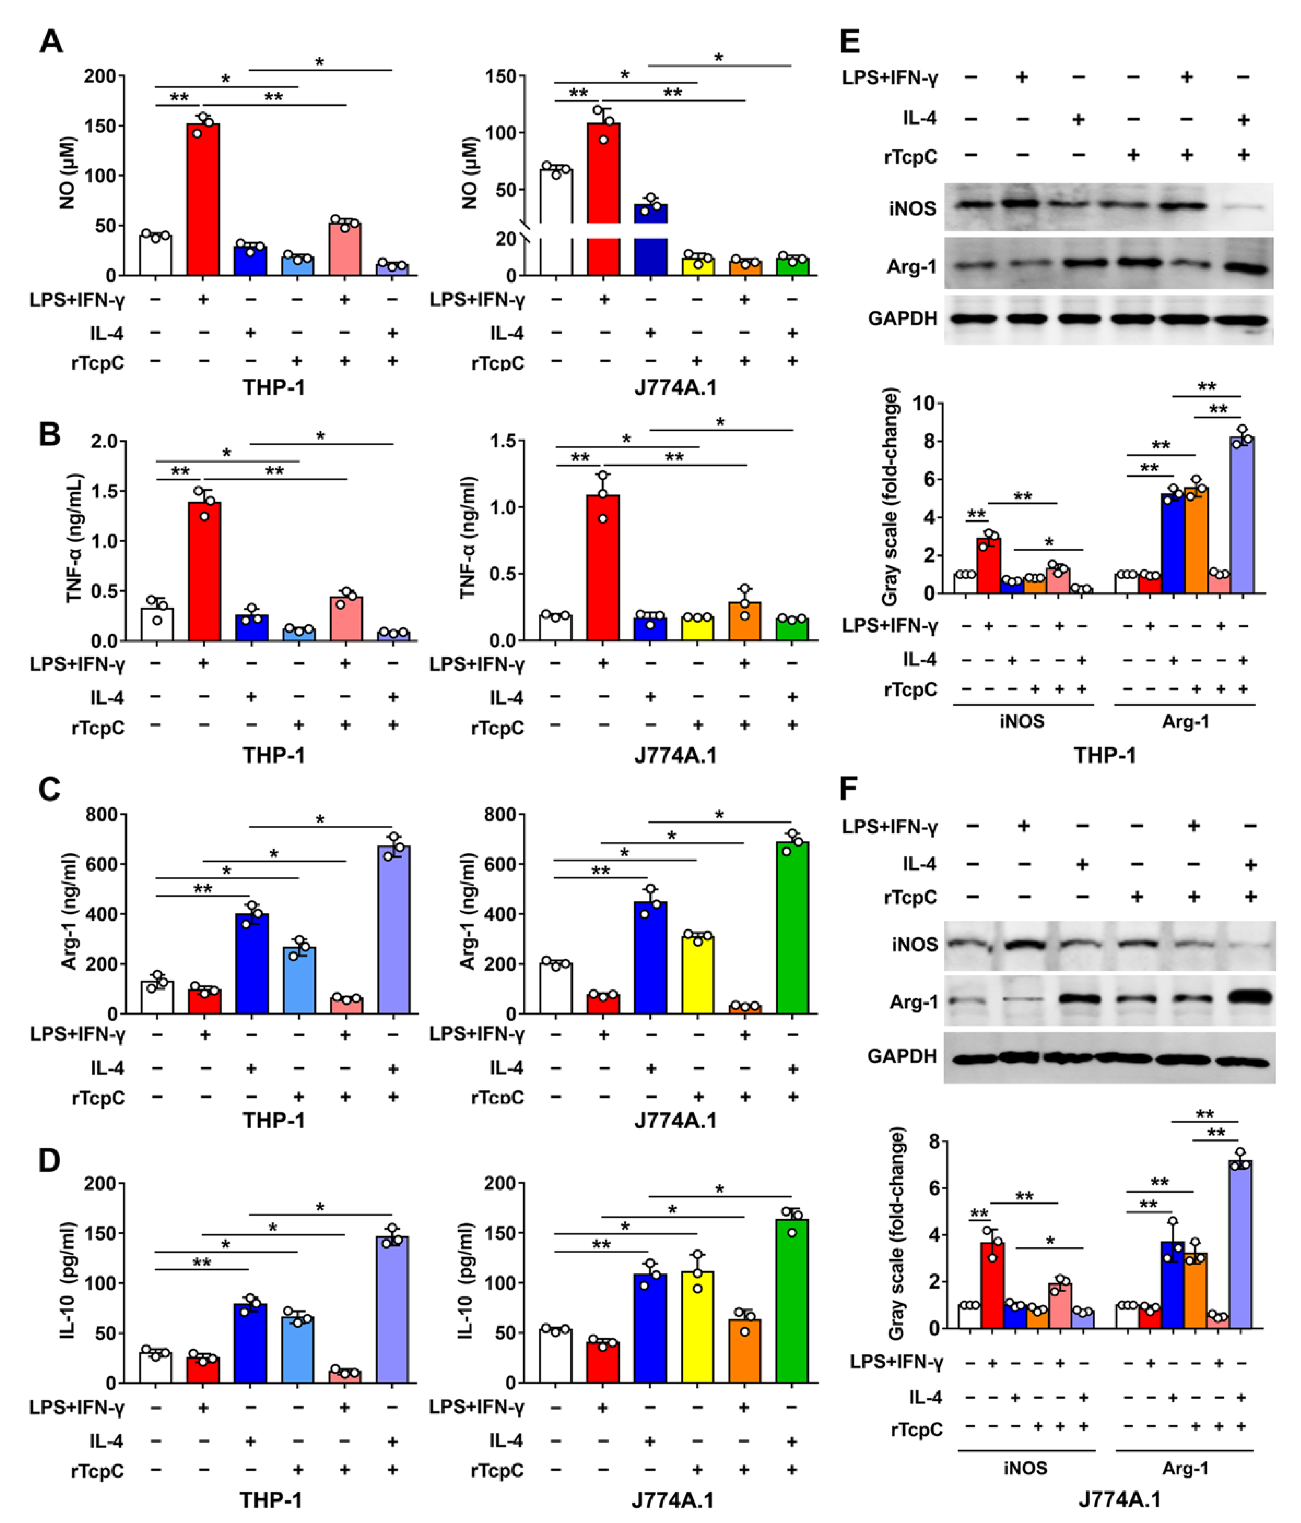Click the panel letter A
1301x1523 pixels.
(51, 41)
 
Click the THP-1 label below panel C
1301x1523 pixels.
(273, 1120)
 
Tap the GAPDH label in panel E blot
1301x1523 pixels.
(903, 318)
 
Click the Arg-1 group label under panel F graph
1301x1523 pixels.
(1185, 1468)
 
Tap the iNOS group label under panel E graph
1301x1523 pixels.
(1022, 721)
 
